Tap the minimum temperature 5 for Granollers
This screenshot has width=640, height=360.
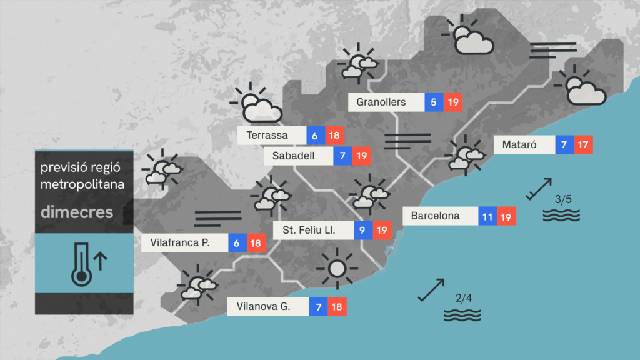[x=434, y=102]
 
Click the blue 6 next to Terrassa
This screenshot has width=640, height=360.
[x=315, y=136]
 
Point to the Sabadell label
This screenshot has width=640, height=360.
[x=298, y=156]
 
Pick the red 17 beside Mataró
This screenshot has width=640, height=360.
[x=583, y=145]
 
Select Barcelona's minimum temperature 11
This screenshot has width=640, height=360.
[x=488, y=216]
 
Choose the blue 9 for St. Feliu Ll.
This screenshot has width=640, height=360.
[x=363, y=231]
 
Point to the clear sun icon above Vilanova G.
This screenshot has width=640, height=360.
[x=337, y=269]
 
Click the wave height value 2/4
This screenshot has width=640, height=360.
[x=463, y=298]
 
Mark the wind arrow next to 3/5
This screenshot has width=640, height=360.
[x=539, y=189]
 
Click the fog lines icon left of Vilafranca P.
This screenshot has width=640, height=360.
[x=217, y=217]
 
